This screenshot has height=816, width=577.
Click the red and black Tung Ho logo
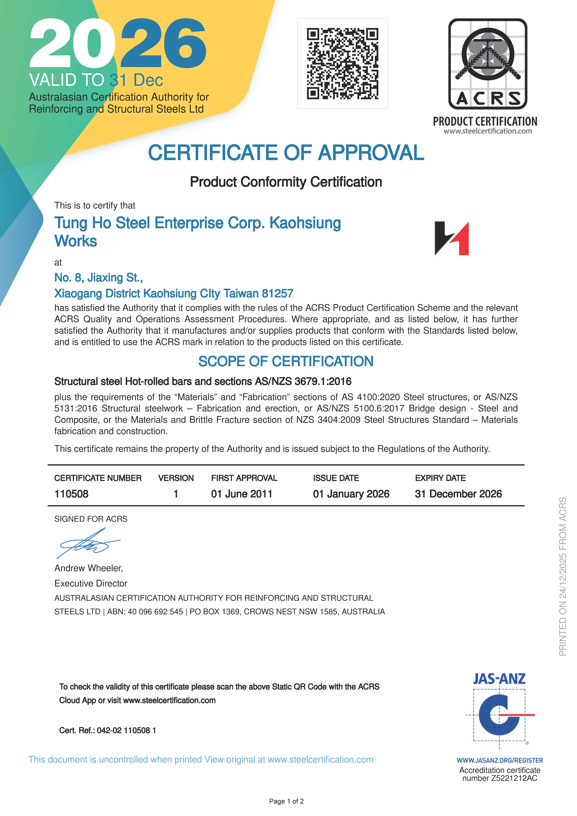pyautogui.click(x=452, y=238)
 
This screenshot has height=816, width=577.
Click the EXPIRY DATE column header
pyautogui.click(x=440, y=478)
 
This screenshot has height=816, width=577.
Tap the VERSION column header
pyautogui.click(x=176, y=478)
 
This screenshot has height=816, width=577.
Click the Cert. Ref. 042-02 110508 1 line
pyautogui.click(x=107, y=730)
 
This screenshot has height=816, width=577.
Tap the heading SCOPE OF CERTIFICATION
pyautogui.click(x=286, y=361)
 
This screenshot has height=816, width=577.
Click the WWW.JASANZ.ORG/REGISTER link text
pyautogui.click(x=500, y=760)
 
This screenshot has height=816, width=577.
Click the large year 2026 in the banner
pyautogui.click(x=117, y=43)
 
